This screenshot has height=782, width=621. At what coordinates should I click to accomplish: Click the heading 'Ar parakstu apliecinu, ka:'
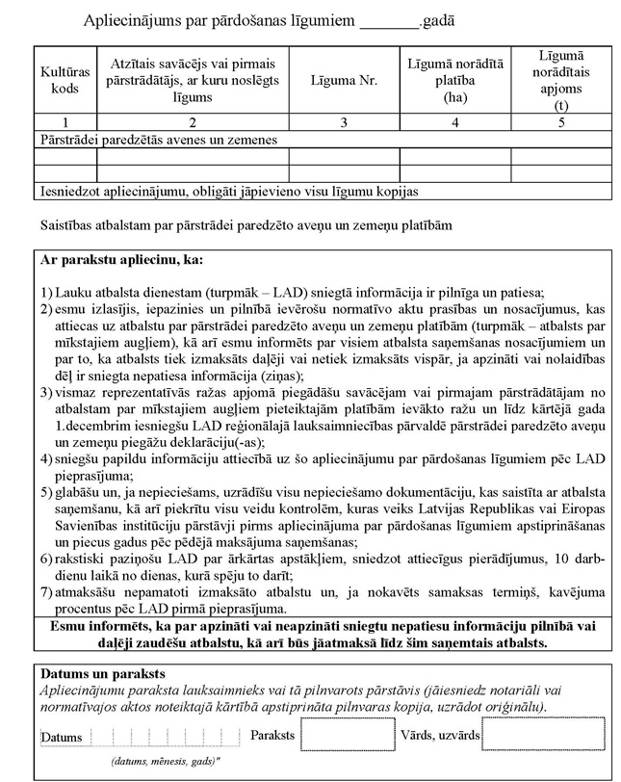[121, 260]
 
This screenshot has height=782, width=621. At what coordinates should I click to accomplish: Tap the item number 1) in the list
[46, 293]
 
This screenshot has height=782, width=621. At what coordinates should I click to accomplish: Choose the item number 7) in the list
[46, 592]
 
